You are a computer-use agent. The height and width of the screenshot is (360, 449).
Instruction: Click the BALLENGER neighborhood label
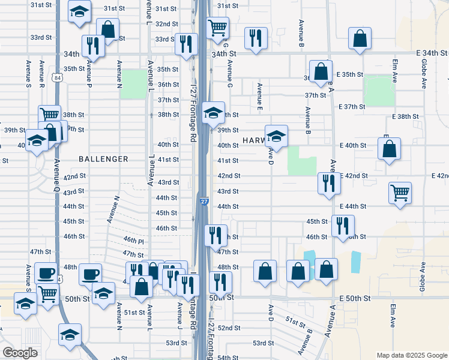coord(104,159)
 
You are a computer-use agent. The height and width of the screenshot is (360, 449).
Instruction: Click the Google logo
coord(20,353)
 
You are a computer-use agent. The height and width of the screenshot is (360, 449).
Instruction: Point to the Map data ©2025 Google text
coord(411,355)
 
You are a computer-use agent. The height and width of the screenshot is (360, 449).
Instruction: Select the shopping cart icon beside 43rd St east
coord(400,193)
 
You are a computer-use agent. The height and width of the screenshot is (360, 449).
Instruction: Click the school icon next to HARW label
coord(276,136)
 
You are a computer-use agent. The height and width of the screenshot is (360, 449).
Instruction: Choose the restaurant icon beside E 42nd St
coord(328,184)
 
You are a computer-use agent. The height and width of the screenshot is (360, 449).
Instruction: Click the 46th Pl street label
coord(134,239)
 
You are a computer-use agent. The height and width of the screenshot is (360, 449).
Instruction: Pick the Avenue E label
coord(260,97)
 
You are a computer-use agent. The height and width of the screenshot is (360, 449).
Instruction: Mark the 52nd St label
coord(229,328)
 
